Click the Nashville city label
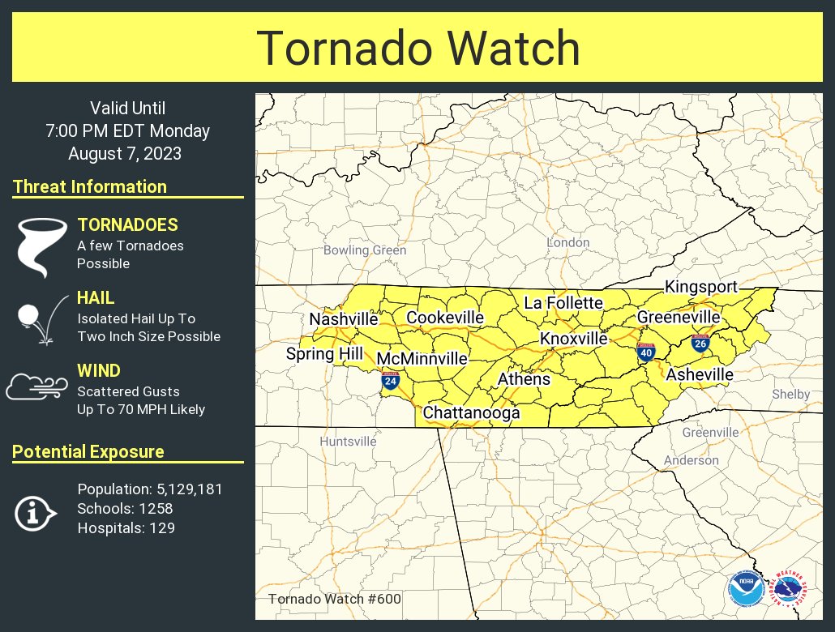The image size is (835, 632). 344,319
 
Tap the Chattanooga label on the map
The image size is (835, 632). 471,413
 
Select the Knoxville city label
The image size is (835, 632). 573,338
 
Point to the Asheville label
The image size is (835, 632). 700,374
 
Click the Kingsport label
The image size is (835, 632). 700,287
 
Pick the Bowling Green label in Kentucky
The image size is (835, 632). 365,250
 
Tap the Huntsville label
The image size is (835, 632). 348,442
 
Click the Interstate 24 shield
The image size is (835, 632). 391,380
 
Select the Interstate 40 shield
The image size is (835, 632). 646,352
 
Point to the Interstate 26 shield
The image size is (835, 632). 700,343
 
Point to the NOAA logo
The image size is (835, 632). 744,589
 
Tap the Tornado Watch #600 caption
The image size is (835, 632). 334,600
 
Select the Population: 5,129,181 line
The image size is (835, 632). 150,489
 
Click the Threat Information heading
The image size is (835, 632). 90,186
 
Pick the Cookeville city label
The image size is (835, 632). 445,318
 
